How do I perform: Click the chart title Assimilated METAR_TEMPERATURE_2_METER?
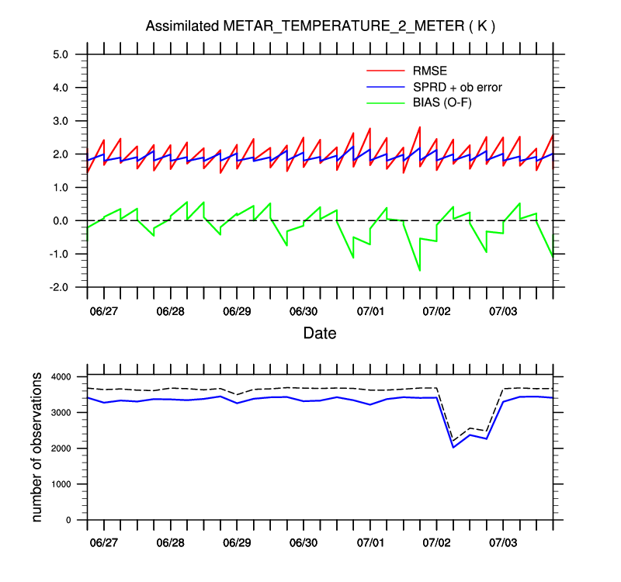pos(321,26)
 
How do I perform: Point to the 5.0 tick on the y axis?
pos(61,54)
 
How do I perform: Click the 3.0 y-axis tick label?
pos(61,121)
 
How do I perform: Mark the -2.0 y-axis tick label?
pos(59,287)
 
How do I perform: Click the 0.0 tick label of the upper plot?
pos(61,221)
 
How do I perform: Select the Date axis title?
pos(320,334)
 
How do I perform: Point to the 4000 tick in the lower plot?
pos(59,377)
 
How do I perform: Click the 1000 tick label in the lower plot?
pos(59,484)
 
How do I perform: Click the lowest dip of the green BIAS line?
pos(420,270)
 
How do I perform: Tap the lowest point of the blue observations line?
pos(453,447)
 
